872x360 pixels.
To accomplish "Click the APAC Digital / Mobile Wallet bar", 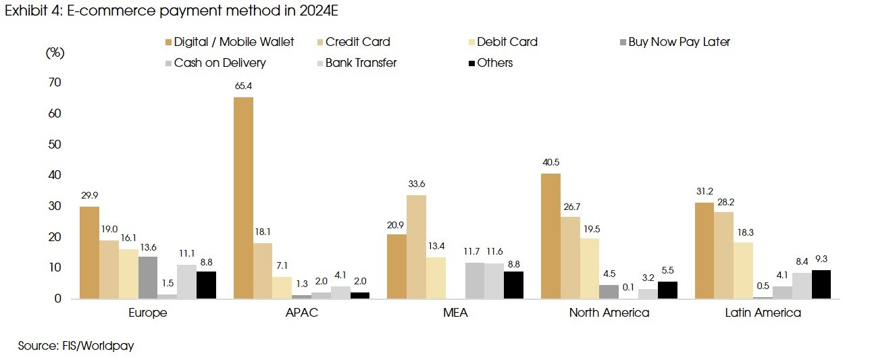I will [x=243, y=198].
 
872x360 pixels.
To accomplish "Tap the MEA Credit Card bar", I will [x=416, y=247].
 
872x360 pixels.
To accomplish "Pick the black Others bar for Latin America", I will [x=821, y=284].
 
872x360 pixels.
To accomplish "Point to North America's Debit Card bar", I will [x=589, y=268].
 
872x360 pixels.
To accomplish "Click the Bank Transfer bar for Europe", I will [x=186, y=282].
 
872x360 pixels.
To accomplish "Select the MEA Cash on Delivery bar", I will [x=475, y=280].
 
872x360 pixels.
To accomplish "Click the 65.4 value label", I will [x=243, y=86].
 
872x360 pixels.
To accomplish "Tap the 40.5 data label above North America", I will [x=550, y=162].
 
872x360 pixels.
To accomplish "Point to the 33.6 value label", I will [x=416, y=184].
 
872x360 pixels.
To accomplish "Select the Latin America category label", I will [x=763, y=313].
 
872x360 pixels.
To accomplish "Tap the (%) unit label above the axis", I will [x=55, y=53].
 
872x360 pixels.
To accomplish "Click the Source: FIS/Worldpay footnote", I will [x=76, y=346].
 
